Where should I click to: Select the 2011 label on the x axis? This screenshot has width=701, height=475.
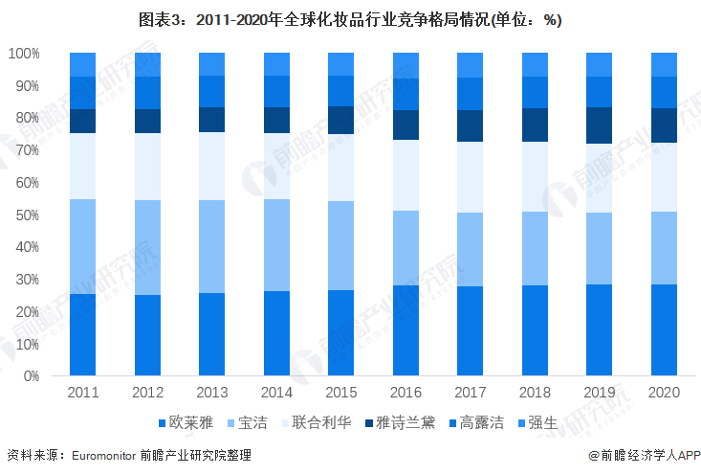point(83,393)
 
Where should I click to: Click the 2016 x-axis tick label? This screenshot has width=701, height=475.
point(405,393)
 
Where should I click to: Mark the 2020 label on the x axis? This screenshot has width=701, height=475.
point(664,393)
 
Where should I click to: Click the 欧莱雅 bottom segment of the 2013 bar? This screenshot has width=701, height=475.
point(211,334)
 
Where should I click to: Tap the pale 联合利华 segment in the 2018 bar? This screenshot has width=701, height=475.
point(535,177)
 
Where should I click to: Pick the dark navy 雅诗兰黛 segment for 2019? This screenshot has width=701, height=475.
point(600,124)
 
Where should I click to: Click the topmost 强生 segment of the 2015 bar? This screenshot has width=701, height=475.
point(340,64)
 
